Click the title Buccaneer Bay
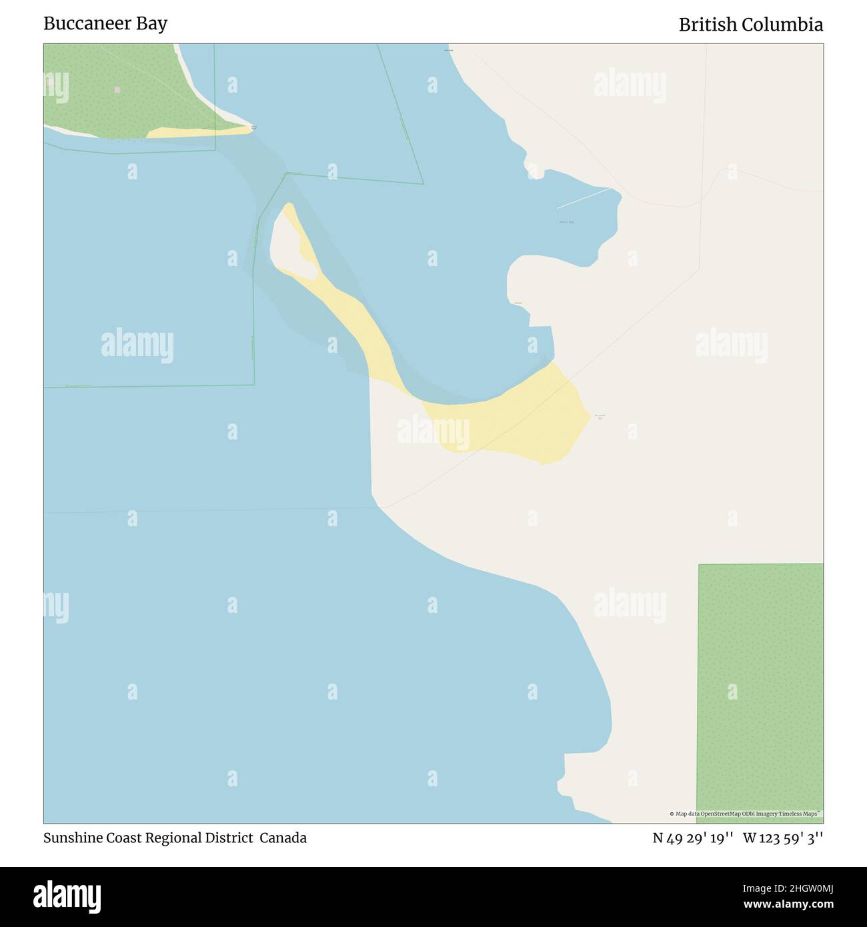tap(105, 23)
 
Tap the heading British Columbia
tap(750, 25)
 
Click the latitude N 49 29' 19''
tap(694, 838)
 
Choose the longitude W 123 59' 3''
tap(783, 838)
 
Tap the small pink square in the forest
tap(117, 89)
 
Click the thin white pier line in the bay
tap(584, 197)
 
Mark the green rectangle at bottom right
tap(760, 690)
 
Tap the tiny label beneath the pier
tap(567, 222)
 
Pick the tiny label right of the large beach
tap(600, 416)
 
